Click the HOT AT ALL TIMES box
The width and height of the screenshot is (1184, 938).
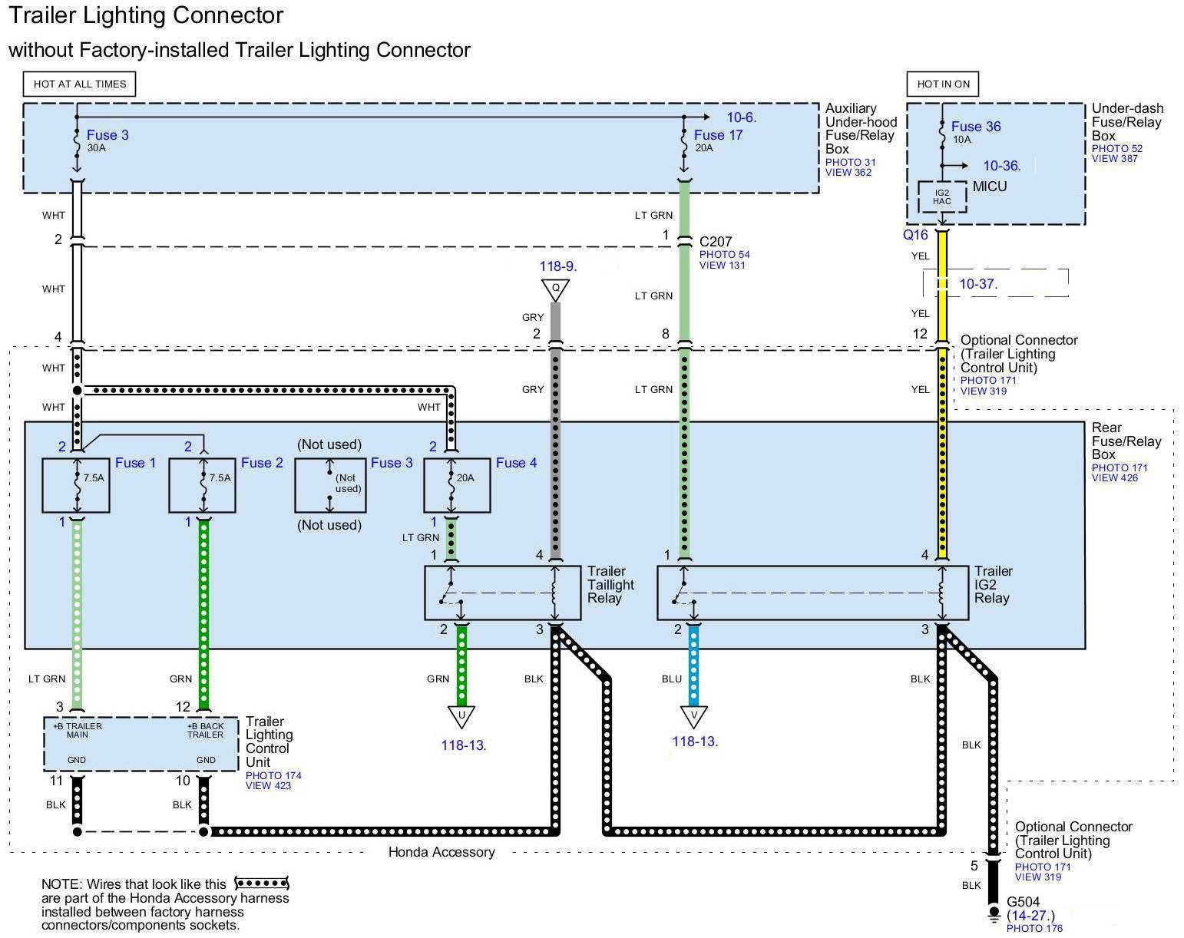(x=80, y=84)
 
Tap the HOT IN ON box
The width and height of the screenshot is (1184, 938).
(x=943, y=84)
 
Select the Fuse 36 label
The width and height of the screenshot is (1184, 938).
(x=976, y=127)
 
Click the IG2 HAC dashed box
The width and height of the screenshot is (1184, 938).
(x=942, y=197)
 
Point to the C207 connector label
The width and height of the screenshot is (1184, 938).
(x=716, y=241)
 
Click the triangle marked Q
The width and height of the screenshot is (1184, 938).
(x=555, y=290)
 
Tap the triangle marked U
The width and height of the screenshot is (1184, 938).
(x=461, y=717)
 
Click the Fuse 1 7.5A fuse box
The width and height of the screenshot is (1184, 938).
(x=76, y=486)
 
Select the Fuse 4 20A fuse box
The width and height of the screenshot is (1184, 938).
(x=458, y=486)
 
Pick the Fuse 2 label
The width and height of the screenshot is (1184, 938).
(x=262, y=463)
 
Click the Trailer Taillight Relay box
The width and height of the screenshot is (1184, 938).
(x=503, y=593)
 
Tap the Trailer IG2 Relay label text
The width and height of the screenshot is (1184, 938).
(x=993, y=585)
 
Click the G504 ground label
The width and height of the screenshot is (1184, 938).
(x=1024, y=902)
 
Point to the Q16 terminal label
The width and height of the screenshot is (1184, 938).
(x=915, y=235)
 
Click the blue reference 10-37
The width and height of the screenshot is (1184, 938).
(x=977, y=284)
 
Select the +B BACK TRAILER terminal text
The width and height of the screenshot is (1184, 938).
(x=205, y=730)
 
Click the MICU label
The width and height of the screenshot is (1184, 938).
(x=990, y=187)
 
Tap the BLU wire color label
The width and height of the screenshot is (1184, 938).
(x=672, y=679)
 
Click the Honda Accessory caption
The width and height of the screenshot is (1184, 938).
(x=442, y=852)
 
